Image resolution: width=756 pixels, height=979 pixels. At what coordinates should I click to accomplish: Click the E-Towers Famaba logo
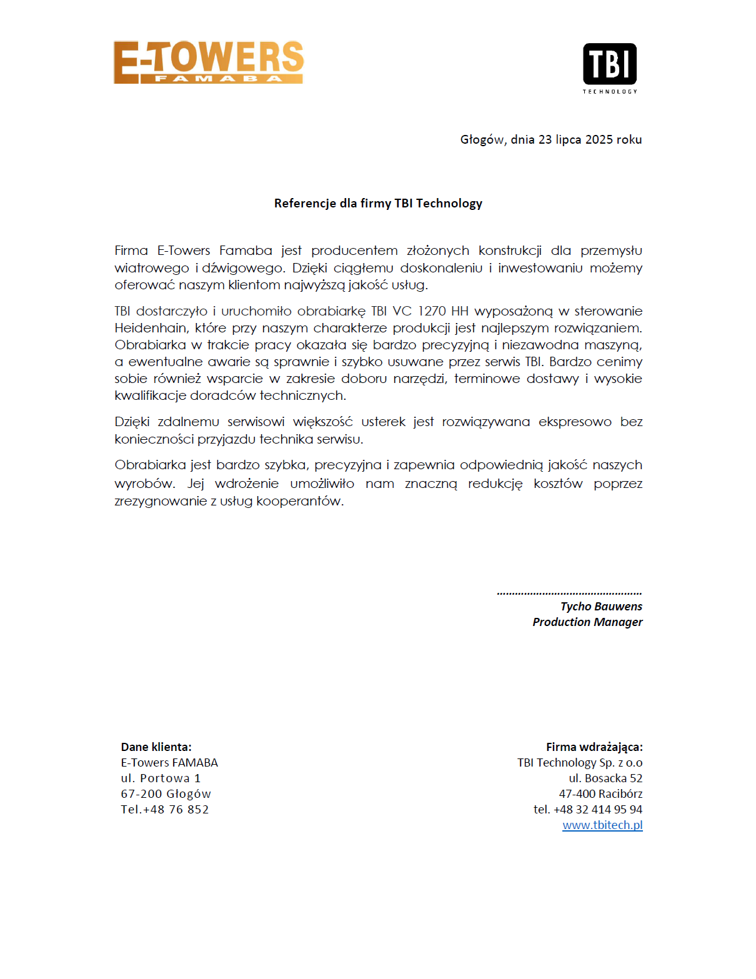click(x=208, y=62)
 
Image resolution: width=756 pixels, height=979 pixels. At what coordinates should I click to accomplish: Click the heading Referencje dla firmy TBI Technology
click(x=378, y=203)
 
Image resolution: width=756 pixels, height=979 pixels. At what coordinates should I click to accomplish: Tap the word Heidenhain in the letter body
click(x=151, y=328)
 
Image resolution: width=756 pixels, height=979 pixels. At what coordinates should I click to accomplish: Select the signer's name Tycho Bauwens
click(x=601, y=607)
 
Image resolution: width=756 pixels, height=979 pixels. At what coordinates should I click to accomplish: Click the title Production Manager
click(x=587, y=622)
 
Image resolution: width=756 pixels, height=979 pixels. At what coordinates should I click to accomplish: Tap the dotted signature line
click(x=569, y=592)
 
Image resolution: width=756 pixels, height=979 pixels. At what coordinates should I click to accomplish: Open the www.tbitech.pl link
click(x=602, y=825)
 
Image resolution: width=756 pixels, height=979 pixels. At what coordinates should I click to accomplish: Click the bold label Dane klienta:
click(x=156, y=747)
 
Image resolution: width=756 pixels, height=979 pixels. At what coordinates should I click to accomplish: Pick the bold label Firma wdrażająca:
click(x=594, y=747)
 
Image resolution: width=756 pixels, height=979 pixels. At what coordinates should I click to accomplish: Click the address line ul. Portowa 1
click(x=161, y=778)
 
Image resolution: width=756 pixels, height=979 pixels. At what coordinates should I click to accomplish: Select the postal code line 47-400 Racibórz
click(x=600, y=794)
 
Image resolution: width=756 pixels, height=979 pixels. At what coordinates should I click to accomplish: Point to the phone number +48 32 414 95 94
click(x=598, y=810)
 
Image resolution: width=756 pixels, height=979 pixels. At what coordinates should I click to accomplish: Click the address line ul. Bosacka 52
click(x=605, y=778)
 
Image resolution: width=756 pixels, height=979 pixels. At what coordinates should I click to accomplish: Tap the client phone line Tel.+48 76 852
click(x=165, y=810)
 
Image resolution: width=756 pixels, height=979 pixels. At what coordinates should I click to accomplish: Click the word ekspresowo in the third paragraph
click(x=575, y=422)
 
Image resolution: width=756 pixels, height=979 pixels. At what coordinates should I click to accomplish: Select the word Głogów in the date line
click(x=482, y=139)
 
